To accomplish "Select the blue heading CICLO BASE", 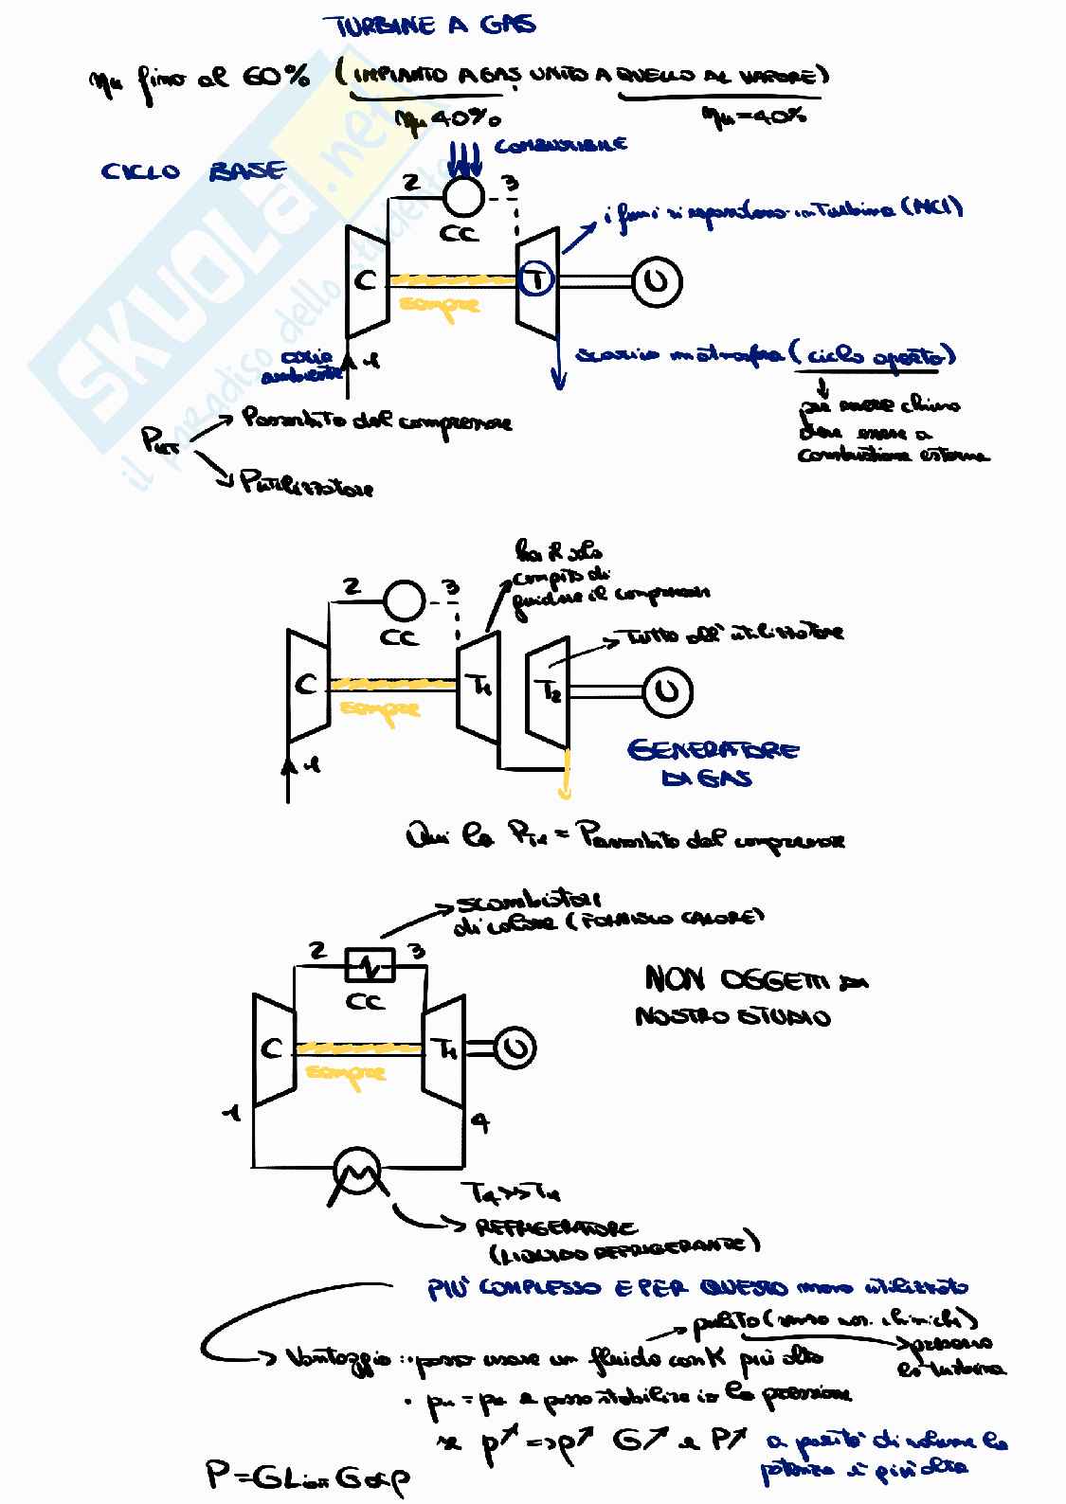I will click(193, 171).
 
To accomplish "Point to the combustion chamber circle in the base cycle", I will click(465, 196).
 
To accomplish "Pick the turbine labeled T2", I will click(551, 691).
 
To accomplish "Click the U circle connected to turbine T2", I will click(667, 691).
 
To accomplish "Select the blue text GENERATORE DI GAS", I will click(713, 763).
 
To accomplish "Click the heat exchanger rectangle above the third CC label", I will click(369, 966).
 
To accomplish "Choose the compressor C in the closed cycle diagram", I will click(273, 1048).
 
